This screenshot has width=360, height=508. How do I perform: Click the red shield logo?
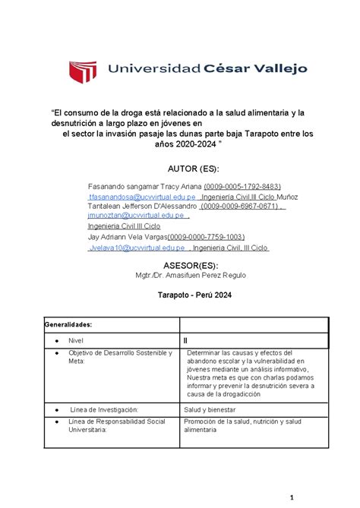click(85, 70)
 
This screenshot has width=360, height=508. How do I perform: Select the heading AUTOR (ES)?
click(179, 167)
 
